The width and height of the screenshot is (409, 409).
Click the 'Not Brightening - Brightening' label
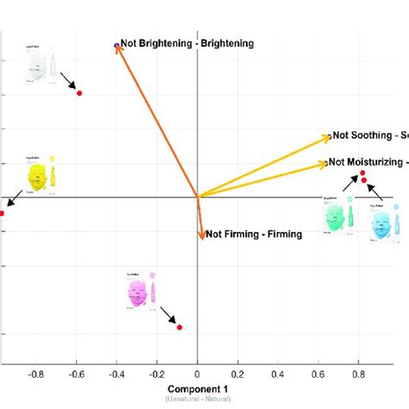point(187,42)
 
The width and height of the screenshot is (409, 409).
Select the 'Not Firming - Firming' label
point(254,234)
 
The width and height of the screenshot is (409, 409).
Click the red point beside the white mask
point(79,92)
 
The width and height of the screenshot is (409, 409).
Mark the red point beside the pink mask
point(179,327)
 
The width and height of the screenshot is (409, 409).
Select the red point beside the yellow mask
point(2,212)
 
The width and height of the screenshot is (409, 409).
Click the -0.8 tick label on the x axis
point(36,375)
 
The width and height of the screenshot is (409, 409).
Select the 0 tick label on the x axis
point(198,375)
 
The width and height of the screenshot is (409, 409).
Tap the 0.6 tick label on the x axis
point(318,375)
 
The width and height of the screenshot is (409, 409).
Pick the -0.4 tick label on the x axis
point(116,375)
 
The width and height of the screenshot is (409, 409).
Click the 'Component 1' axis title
point(198,389)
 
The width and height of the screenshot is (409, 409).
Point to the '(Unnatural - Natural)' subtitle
point(198,400)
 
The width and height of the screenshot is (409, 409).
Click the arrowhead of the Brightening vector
point(118,47)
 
